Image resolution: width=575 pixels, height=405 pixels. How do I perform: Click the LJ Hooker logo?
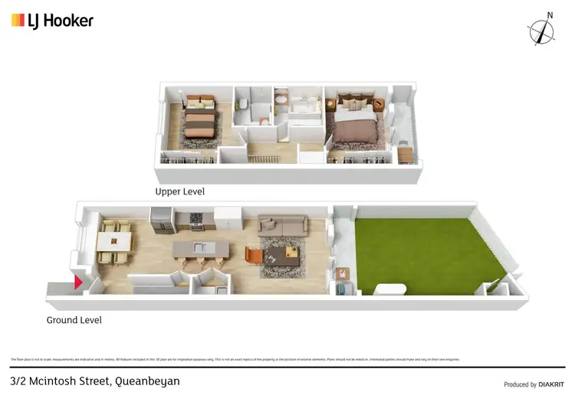[x=52, y=21]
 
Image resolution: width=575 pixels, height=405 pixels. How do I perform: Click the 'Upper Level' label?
[x=179, y=191]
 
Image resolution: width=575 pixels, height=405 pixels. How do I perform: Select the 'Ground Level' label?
[x=74, y=320]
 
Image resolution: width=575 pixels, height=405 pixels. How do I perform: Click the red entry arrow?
[x=77, y=283]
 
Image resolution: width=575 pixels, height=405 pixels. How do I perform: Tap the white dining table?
[x=114, y=241]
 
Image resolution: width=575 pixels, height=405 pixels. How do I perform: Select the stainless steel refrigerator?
[x=162, y=221]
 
